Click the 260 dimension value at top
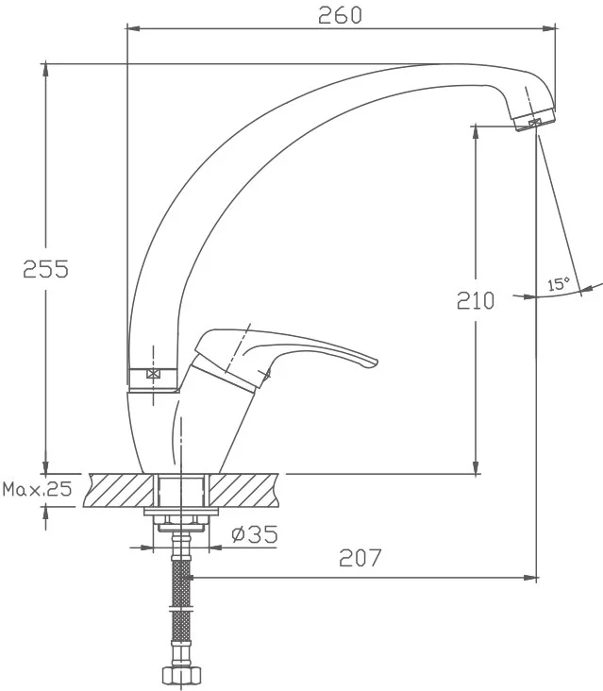340,15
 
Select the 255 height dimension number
46,269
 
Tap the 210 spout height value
476,300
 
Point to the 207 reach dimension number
360,558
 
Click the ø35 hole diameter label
255,534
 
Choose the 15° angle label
558,284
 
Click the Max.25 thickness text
37,489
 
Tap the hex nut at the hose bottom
181,675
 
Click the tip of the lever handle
377,362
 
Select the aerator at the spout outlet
535,120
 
